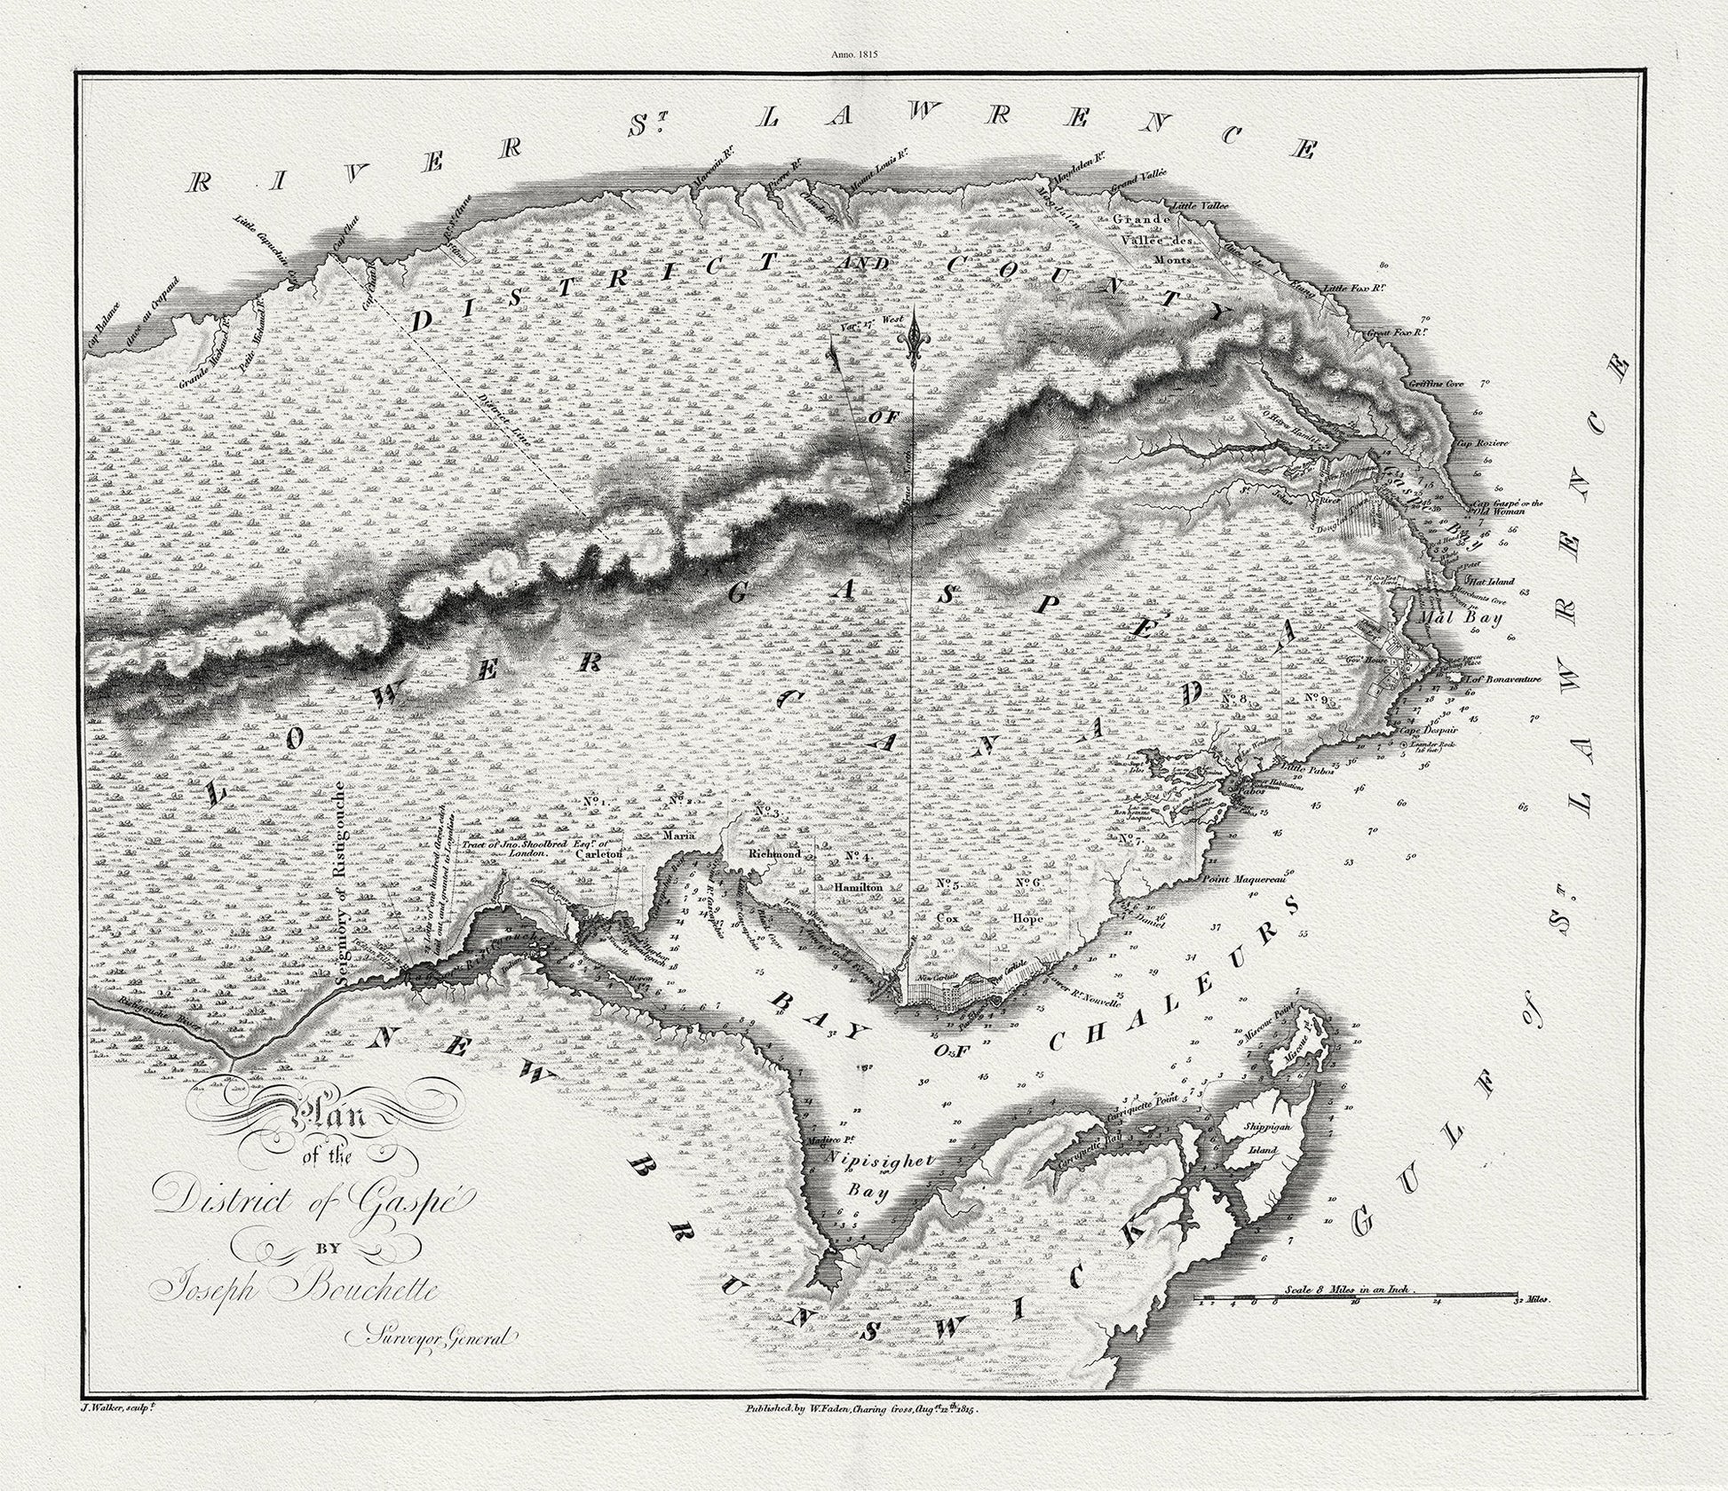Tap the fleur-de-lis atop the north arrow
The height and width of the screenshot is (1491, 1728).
click(x=912, y=341)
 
